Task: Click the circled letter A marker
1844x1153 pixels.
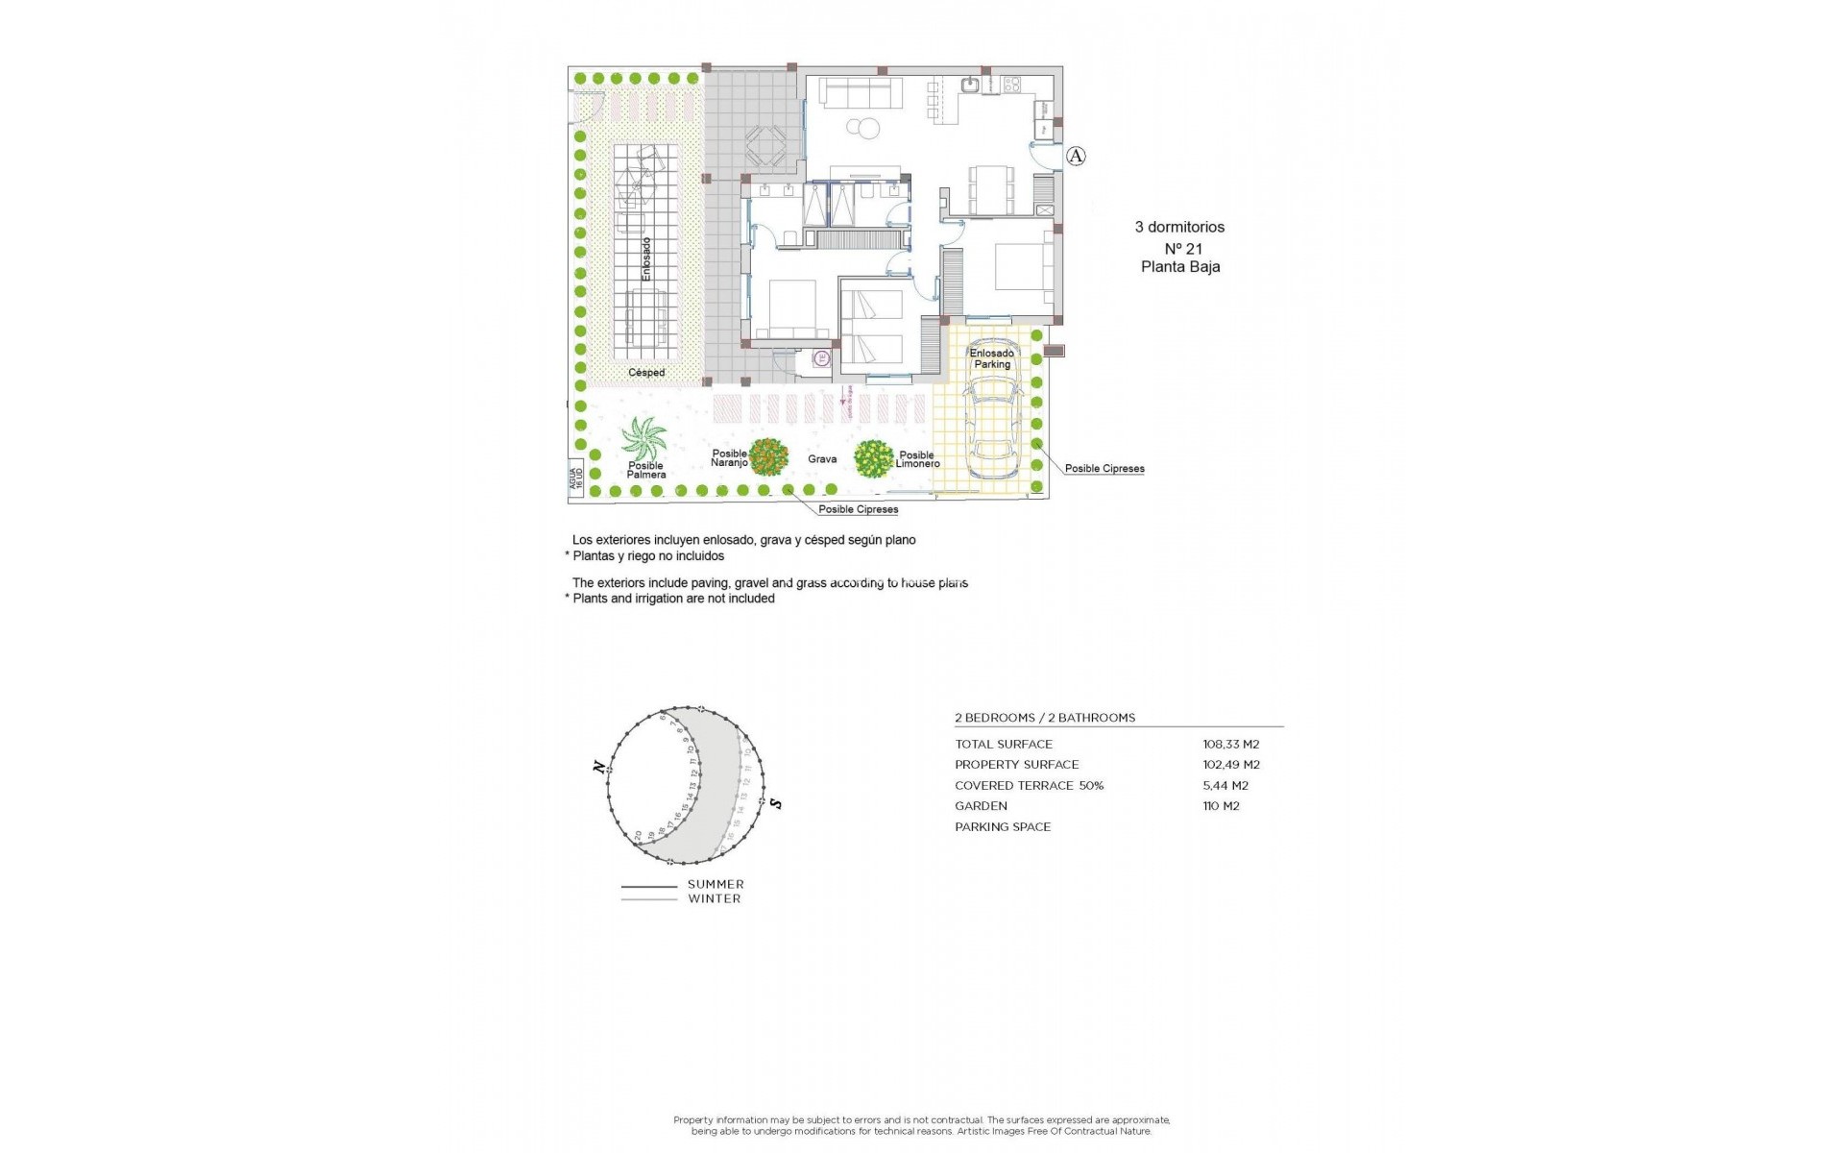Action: pyautogui.click(x=1076, y=156)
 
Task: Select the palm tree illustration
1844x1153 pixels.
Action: pyautogui.click(x=643, y=440)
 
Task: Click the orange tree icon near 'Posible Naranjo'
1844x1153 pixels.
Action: pyautogui.click(x=768, y=457)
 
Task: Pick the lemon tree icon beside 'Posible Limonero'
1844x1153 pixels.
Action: pyautogui.click(x=873, y=459)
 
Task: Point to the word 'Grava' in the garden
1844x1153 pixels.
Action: pyautogui.click(x=822, y=459)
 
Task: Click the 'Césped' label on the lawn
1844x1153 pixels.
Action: pyautogui.click(x=646, y=373)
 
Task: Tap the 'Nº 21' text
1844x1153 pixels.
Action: pyautogui.click(x=1183, y=248)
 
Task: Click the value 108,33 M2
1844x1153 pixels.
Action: pyautogui.click(x=1230, y=744)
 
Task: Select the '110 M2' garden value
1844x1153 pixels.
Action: pyautogui.click(x=1221, y=806)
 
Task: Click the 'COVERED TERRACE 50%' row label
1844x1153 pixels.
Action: pyautogui.click(x=1029, y=785)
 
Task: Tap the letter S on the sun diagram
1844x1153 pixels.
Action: pyautogui.click(x=776, y=803)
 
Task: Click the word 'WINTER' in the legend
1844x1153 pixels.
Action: pyautogui.click(x=714, y=899)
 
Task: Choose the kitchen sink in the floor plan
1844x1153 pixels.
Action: pyautogui.click(x=972, y=85)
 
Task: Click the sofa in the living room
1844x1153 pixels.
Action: pyautogui.click(x=861, y=93)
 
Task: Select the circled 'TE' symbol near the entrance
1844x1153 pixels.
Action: pyautogui.click(x=821, y=359)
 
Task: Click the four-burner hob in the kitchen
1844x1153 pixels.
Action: pyautogui.click(x=1011, y=85)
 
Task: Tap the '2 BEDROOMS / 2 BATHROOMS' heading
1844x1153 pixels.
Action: pyautogui.click(x=1045, y=718)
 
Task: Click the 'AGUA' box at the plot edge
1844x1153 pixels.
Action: pyautogui.click(x=576, y=478)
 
